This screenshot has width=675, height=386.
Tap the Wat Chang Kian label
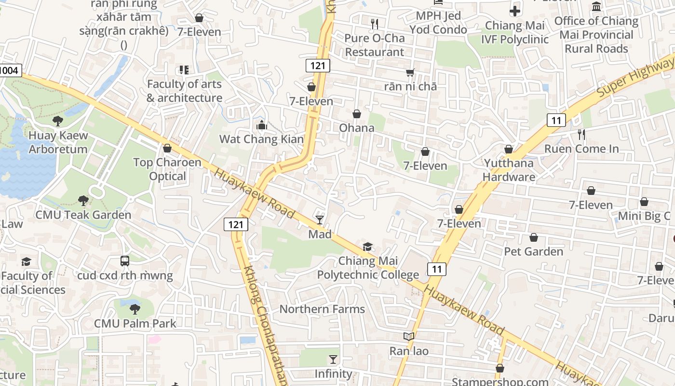[261, 139]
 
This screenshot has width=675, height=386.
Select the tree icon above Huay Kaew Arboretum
[58, 121]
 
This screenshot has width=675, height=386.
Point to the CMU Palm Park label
[135, 323]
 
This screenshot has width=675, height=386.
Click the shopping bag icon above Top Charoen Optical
[167, 148]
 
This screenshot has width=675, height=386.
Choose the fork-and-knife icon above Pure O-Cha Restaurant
[375, 24]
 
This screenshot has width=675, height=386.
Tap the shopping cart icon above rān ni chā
[410, 72]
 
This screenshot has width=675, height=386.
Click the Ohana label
[357, 128]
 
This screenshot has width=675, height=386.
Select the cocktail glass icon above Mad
[320, 220]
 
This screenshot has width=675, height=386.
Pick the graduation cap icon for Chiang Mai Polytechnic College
[368, 247]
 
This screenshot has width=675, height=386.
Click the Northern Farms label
[322, 309]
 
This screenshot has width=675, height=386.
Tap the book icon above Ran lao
[409, 336]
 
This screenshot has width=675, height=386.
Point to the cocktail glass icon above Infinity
[333, 359]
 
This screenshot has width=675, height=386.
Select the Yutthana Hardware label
[509, 170]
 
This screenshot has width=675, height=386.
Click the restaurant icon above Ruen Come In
[581, 135]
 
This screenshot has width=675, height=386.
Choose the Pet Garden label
[533, 251]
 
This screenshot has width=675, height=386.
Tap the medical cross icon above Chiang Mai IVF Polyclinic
[515, 11]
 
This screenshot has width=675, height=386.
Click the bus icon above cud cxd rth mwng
[125, 261]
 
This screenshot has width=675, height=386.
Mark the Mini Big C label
[644, 216]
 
